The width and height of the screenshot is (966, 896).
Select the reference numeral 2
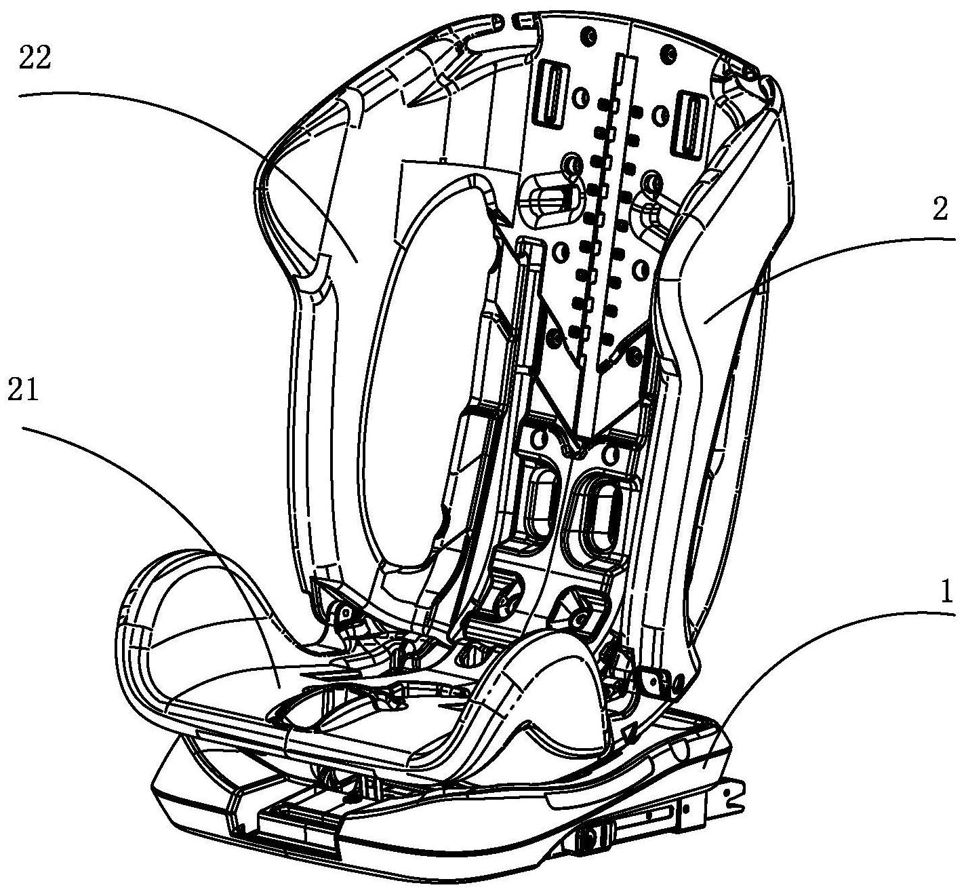(940, 210)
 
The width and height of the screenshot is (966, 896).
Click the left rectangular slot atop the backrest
(552, 94)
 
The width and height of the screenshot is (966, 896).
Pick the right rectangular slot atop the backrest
(687, 121)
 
